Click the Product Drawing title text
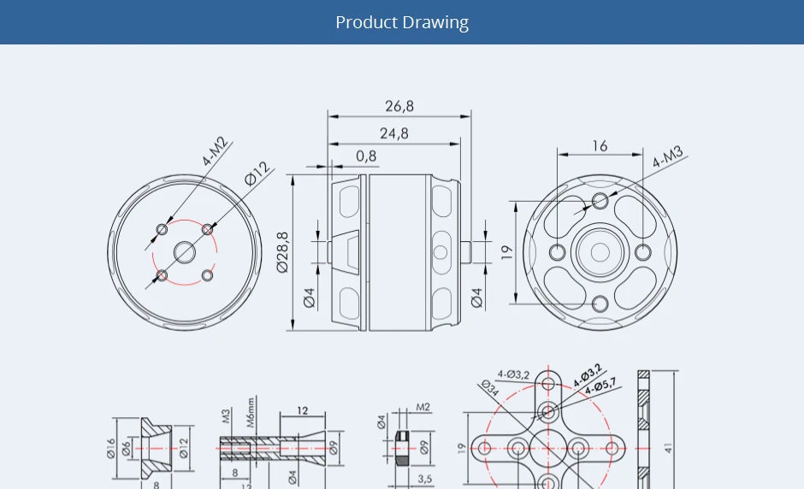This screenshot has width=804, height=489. click(402, 22)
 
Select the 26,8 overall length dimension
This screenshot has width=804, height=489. click(399, 106)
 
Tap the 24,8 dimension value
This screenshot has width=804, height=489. click(394, 133)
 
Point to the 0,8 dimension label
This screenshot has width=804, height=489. click(366, 156)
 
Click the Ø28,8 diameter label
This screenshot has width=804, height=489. click(283, 252)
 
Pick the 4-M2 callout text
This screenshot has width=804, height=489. click(216, 150)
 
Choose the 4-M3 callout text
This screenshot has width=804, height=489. click(669, 158)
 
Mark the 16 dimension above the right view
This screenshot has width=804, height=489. click(600, 146)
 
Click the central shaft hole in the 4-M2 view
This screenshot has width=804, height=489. click(185, 251)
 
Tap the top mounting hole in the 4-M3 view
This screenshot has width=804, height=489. click(600, 201)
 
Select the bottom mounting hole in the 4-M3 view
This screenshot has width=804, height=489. click(600, 303)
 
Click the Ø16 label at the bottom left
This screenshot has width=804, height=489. click(112, 448)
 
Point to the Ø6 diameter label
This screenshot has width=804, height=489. click(127, 448)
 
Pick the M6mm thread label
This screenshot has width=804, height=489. click(251, 411)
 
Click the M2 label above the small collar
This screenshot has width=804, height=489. click(423, 407)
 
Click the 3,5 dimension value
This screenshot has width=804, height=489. click(425, 479)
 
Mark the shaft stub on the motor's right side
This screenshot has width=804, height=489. click(465, 252)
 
